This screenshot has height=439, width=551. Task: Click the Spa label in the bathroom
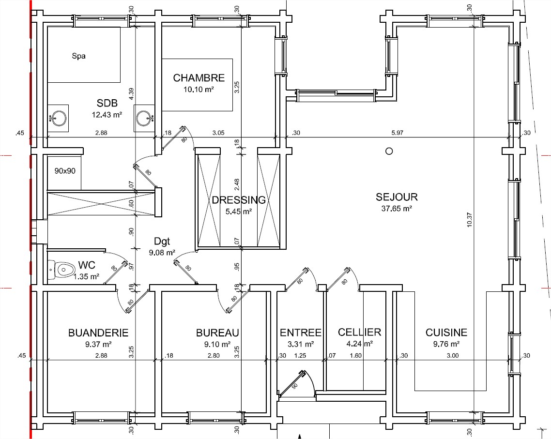point(78,56)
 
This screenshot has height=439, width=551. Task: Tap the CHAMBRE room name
point(199,77)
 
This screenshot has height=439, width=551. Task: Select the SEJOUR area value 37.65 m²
point(397,209)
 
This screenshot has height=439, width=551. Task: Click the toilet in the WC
point(62,270)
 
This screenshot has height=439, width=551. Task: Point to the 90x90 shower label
point(65,171)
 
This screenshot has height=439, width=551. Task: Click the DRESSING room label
point(239,200)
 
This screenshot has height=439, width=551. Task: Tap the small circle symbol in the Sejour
point(389,151)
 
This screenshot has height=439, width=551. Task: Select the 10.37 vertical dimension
point(470,220)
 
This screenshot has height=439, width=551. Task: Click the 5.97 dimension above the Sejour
point(398,133)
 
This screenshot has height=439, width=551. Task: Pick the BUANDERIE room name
point(98,333)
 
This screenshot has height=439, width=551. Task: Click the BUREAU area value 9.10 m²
point(217,344)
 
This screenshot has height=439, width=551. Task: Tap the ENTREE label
point(301,332)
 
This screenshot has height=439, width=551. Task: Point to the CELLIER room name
point(359,332)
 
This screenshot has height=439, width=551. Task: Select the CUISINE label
point(446,332)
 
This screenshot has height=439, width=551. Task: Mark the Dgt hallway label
point(162,241)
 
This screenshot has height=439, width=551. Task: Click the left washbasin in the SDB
point(58,118)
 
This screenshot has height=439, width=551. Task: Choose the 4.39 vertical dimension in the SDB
point(131,94)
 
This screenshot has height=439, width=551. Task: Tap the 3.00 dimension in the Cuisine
point(453,355)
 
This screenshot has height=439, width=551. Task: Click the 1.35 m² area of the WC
point(86,277)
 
